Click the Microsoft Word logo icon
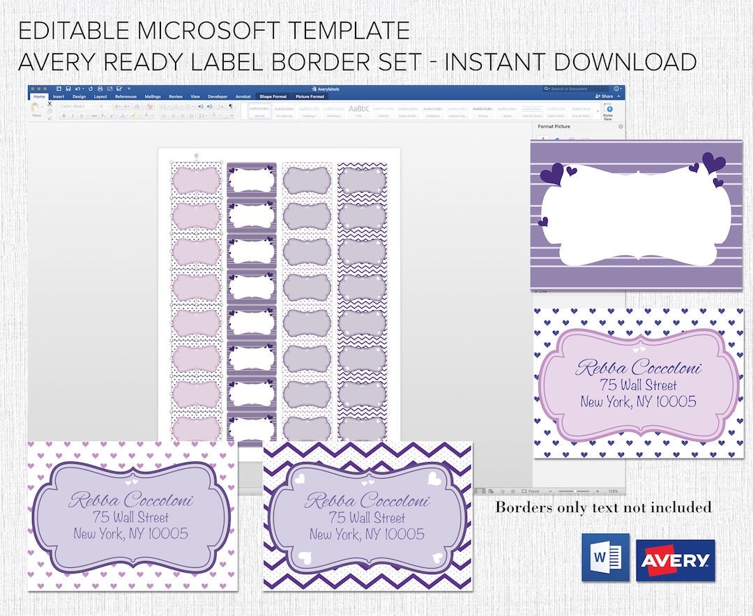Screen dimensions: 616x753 [x=605, y=557]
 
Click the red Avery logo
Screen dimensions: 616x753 [x=675, y=560]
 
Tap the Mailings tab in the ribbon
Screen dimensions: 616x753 [x=153, y=97]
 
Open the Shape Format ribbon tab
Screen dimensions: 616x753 [x=273, y=97]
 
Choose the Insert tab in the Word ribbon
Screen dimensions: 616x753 [x=59, y=97]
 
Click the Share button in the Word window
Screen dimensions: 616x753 [x=604, y=97]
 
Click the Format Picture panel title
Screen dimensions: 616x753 [x=554, y=127]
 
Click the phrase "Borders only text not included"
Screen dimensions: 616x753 [x=603, y=507]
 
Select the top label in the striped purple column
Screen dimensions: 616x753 [x=252, y=180]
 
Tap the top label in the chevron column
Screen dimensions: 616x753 [x=361, y=180]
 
